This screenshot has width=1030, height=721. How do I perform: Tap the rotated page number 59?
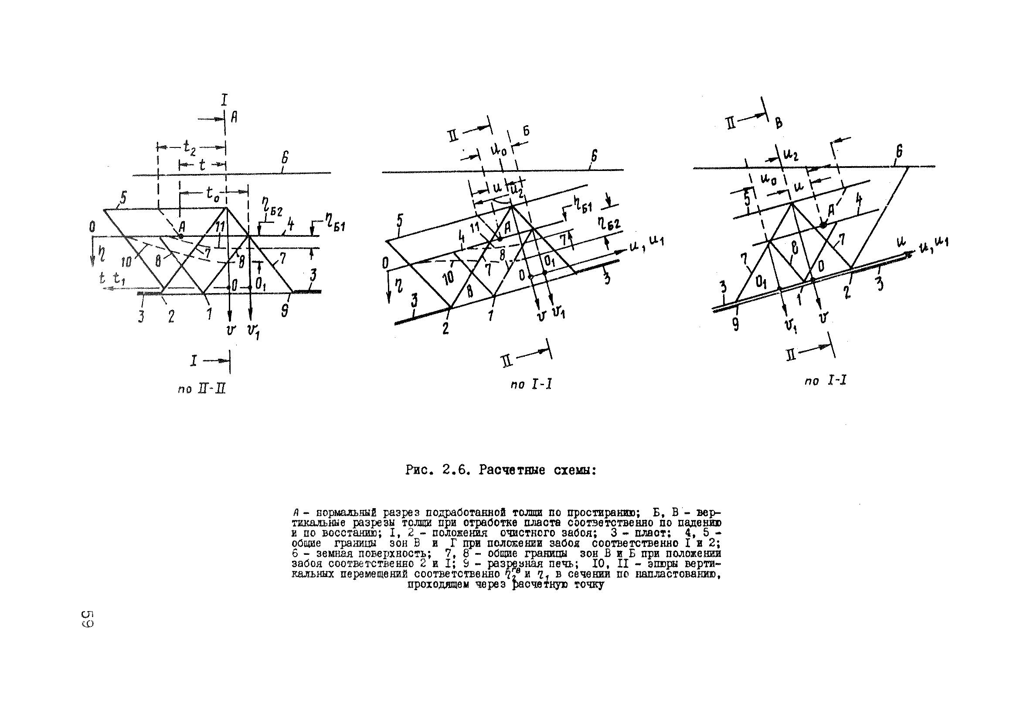(87, 618)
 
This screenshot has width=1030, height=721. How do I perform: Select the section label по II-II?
(201, 389)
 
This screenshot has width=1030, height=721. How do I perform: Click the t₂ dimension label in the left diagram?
(190, 147)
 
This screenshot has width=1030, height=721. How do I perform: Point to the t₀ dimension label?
(214, 193)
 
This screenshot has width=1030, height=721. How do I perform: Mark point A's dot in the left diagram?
(181, 236)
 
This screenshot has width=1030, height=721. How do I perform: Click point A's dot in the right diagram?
(823, 226)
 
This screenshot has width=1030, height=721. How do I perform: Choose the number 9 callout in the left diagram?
(285, 310)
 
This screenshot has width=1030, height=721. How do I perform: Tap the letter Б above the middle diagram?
(526, 131)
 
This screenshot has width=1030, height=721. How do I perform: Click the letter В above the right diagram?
(779, 123)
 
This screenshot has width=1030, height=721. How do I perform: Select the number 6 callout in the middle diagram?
(594, 156)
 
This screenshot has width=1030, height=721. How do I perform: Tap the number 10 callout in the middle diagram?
(448, 278)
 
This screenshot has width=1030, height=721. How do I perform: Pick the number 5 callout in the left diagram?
(123, 198)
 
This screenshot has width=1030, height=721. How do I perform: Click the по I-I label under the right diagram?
(826, 381)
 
